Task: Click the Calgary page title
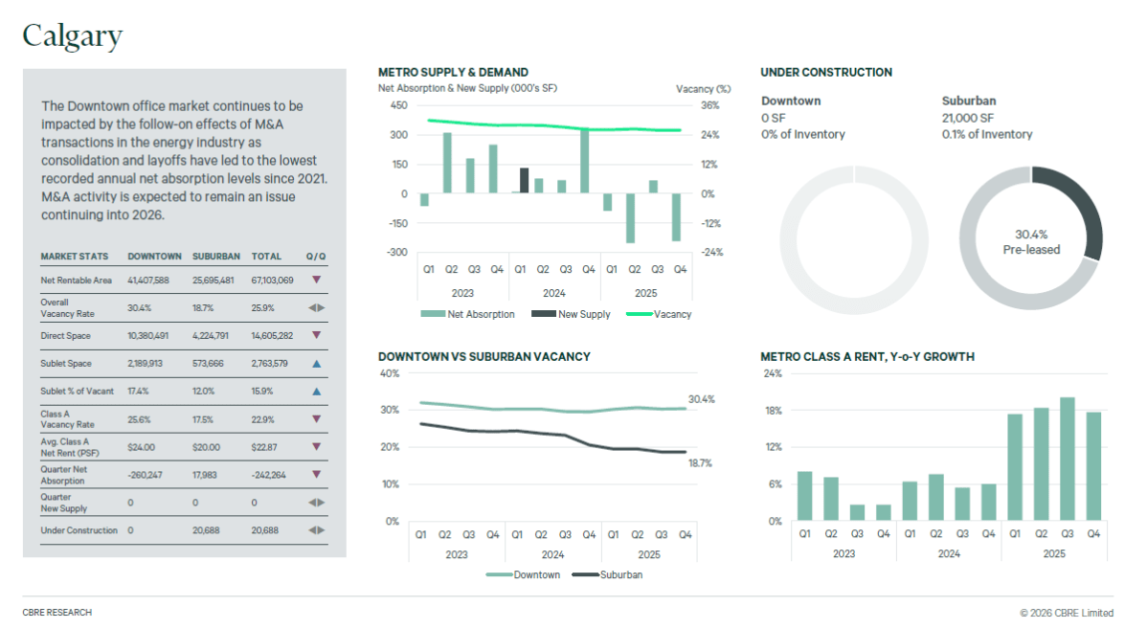[73, 35]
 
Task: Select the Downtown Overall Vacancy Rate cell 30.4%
[139, 308]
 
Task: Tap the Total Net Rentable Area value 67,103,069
[272, 280]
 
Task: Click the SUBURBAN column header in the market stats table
[215, 257]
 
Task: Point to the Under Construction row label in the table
[79, 530]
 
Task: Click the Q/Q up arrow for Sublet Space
[316, 364]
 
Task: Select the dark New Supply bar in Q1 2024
[524, 180]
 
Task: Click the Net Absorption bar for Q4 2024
[585, 161]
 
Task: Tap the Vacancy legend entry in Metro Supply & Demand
[671, 314]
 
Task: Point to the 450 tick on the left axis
[398, 105]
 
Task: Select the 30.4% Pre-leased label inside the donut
[1031, 241]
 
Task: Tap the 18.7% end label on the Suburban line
[700, 462]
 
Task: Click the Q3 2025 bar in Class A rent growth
[1067, 460]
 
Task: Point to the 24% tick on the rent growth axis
[772, 373]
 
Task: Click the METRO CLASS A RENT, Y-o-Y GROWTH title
[866, 357]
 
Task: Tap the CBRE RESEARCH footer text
[57, 612]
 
